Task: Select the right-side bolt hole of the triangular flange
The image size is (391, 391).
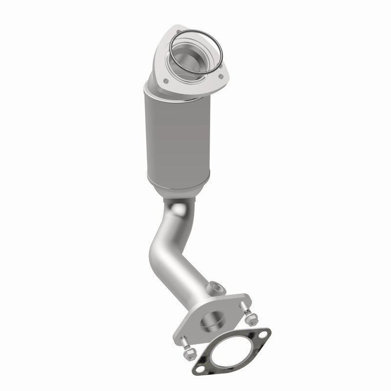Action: point(223,76)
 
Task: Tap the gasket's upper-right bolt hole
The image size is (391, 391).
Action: point(264,335)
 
